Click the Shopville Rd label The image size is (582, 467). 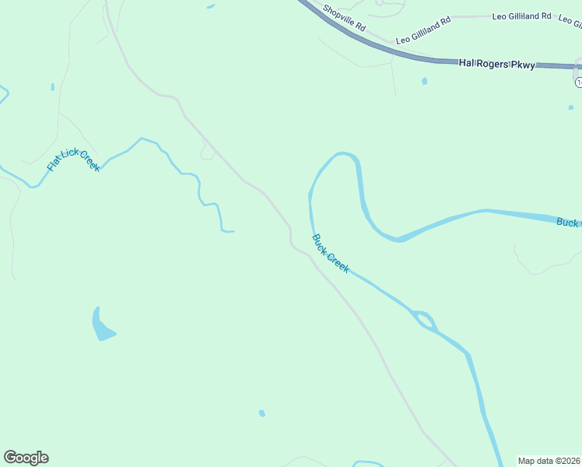[x=345, y=18]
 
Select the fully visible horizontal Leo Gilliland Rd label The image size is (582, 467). [x=521, y=16]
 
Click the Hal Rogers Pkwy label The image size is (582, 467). [x=496, y=65]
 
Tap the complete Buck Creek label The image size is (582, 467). [x=331, y=254]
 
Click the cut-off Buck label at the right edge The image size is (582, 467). [x=569, y=222]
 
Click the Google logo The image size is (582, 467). [x=26, y=458]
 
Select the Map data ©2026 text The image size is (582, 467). [x=549, y=461]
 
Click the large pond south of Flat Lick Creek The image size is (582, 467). [x=101, y=325]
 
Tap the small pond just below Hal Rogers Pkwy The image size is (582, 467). [x=424, y=81]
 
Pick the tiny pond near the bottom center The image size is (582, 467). [x=262, y=413]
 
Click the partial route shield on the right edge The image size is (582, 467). [x=578, y=82]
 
